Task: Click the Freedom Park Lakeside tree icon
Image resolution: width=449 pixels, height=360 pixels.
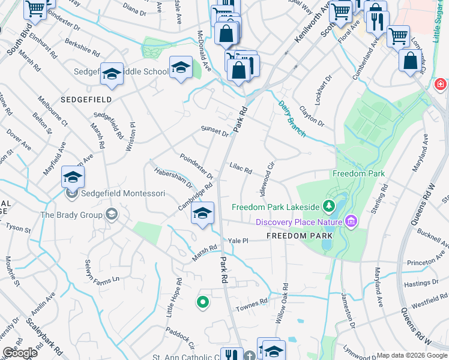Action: click(x=328, y=207)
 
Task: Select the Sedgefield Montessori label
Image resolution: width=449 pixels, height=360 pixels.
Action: click(x=123, y=194)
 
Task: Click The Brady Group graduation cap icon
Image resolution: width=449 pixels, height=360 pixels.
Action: click(x=111, y=214)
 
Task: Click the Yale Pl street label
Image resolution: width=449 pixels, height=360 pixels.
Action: click(x=238, y=240)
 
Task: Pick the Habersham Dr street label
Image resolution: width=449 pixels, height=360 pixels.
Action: click(x=173, y=179)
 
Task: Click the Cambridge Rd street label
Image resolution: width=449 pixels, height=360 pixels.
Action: click(x=196, y=197)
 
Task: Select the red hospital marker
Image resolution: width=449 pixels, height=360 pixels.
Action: click(x=441, y=85)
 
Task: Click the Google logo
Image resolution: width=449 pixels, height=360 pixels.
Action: click(x=20, y=353)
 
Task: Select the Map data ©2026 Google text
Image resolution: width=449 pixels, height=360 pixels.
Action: click(x=411, y=355)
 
